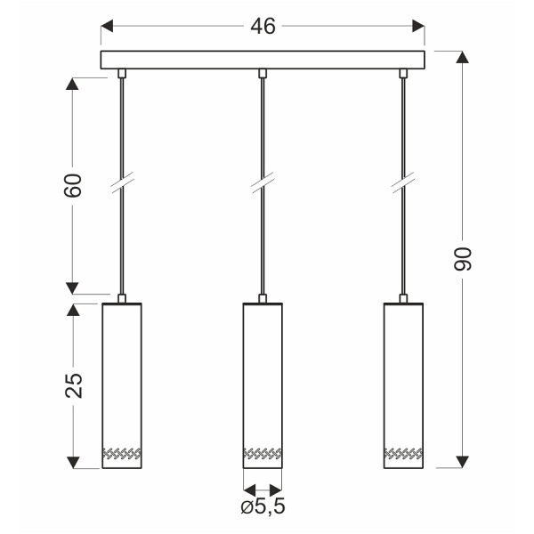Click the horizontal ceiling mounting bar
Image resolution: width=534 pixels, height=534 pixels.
click(263, 61)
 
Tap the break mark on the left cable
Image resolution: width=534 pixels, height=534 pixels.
click(121, 185)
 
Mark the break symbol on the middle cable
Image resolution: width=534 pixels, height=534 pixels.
click(263, 185)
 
